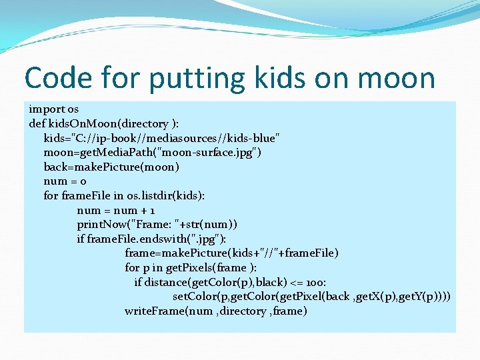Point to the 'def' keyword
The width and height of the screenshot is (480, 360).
pos(37,123)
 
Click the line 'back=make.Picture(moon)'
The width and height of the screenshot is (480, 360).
pos(111,167)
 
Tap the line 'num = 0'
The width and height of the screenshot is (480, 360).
pos(65,181)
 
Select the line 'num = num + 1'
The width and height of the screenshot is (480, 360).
pos(116,210)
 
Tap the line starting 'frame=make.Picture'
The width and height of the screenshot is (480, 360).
pos(231,253)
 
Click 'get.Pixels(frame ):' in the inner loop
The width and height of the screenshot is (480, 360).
pos(213,267)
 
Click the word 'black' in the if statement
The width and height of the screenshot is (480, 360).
pos(271,282)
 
